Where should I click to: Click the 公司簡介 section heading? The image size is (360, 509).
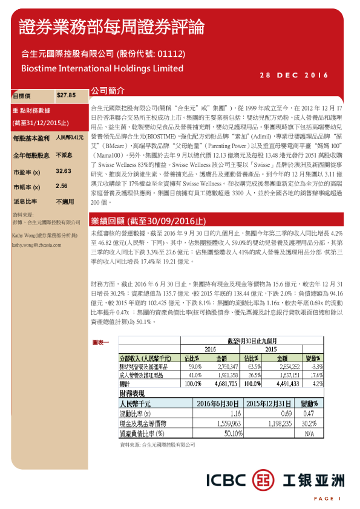108,90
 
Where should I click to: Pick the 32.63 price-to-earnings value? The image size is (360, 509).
64,172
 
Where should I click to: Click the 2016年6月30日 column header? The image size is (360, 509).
218,404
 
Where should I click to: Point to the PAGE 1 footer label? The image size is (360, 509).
327,498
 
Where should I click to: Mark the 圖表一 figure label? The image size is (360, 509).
101,343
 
